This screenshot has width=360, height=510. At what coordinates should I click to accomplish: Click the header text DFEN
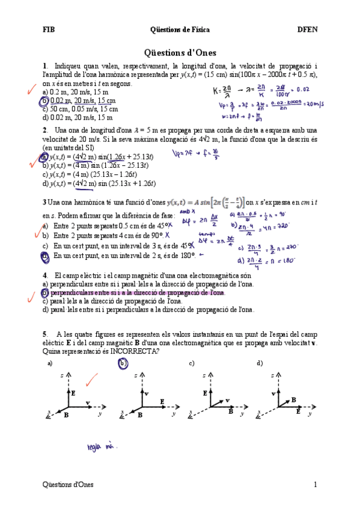point(308,29)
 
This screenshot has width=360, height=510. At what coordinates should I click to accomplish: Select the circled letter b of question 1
point(46,100)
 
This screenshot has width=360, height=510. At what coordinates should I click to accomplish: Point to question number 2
point(45,130)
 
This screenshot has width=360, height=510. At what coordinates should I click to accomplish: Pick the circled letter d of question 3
point(45,256)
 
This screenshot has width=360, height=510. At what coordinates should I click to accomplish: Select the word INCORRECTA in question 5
point(134,351)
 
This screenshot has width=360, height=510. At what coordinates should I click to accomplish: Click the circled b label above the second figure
point(123,363)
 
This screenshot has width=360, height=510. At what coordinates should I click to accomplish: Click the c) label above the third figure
point(192,363)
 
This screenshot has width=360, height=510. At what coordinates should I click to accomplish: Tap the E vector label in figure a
point(73,392)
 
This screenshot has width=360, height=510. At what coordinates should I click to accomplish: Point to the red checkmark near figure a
point(91,379)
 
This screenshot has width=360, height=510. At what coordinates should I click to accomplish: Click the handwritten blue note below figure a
point(100,447)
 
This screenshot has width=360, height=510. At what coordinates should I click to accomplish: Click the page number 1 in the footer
point(315,484)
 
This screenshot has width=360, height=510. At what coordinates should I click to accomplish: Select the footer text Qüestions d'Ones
point(68,484)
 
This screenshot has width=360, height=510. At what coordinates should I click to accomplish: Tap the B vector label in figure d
point(293,399)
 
